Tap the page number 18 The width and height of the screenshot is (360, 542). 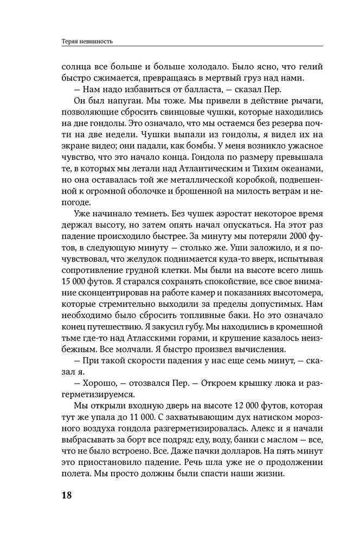coord(67,495)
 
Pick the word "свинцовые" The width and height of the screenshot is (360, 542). coord(177,114)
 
